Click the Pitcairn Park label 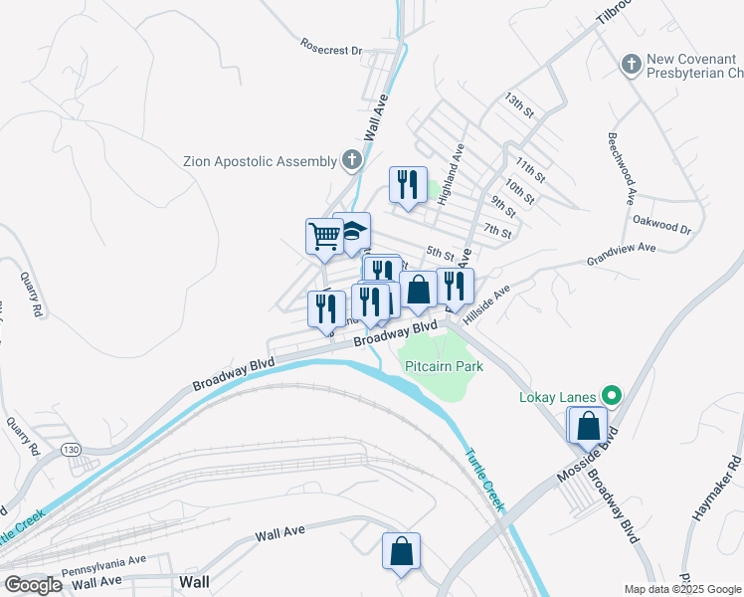click(444, 366)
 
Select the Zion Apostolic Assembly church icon click(351, 159)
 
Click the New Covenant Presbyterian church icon click(630, 66)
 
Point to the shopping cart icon click(323, 236)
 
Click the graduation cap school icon click(353, 231)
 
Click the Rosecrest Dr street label click(330, 45)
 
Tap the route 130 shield click(71, 450)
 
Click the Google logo click(34, 584)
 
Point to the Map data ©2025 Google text click(681, 589)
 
